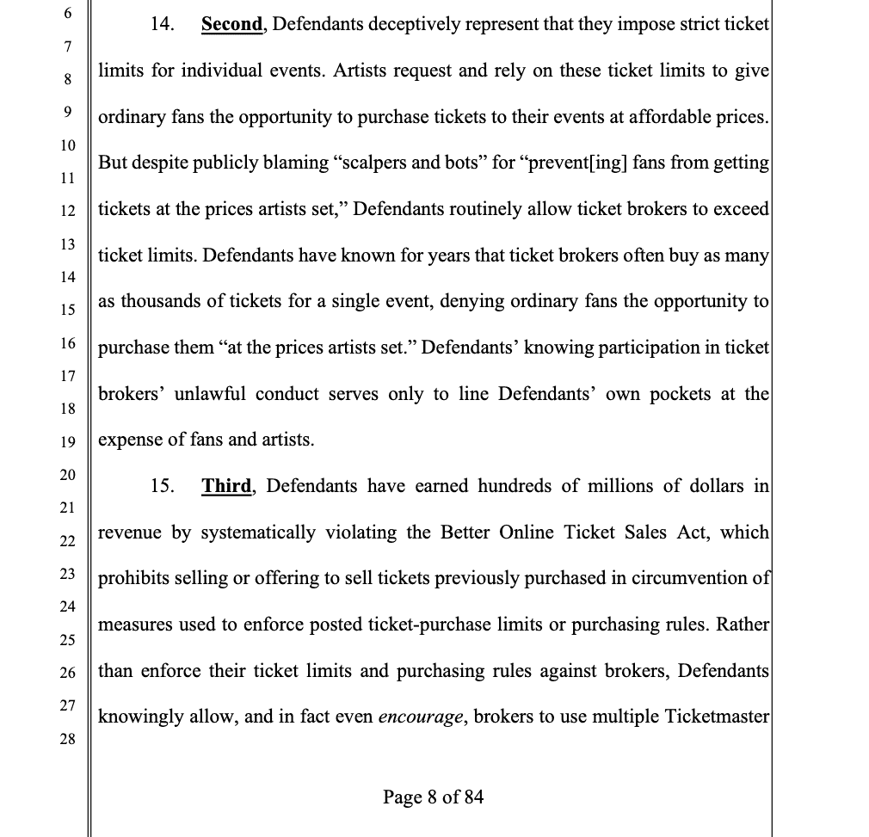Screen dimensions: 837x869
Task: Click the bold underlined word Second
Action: click(x=231, y=24)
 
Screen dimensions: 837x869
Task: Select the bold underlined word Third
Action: click(x=226, y=486)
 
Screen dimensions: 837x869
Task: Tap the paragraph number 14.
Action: click(x=162, y=24)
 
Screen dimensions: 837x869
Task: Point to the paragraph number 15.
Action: click(x=162, y=486)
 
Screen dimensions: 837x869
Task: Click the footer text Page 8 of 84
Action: click(x=434, y=797)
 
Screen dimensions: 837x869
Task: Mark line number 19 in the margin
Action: click(x=69, y=441)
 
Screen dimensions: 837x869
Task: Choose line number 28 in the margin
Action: click(x=69, y=739)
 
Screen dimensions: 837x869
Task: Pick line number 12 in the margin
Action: click(x=69, y=210)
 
